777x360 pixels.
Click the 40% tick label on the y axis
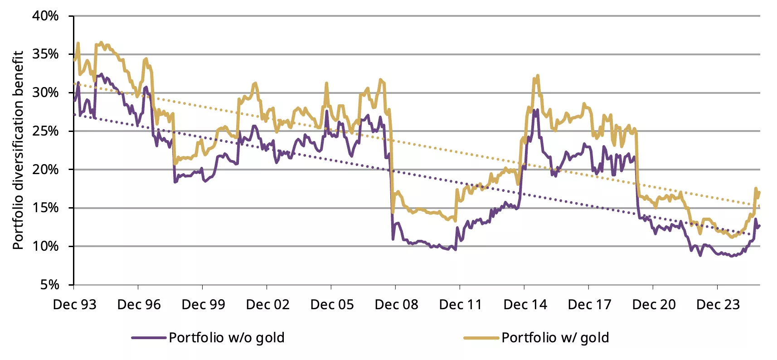pyautogui.click(x=45, y=16)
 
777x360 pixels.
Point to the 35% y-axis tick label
pyautogui.click(x=45, y=54)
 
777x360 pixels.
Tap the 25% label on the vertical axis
pyautogui.click(x=45, y=131)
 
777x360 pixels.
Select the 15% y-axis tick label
pyautogui.click(x=45, y=208)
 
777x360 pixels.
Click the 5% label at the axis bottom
pyautogui.click(x=49, y=285)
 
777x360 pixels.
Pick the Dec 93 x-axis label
pyautogui.click(x=75, y=304)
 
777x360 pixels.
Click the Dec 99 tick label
pyautogui.click(x=204, y=304)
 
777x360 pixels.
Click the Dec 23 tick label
pyautogui.click(x=718, y=304)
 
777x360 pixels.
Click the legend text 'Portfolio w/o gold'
pyautogui.click(x=227, y=338)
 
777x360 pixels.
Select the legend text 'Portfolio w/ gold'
pyautogui.click(x=555, y=338)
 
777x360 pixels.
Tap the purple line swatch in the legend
pyautogui.click(x=149, y=338)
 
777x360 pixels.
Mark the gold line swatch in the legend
pyautogui.click(x=481, y=338)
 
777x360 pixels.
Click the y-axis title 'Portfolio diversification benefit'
pyautogui.click(x=18, y=150)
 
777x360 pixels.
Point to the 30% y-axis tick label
pyautogui.click(x=45, y=92)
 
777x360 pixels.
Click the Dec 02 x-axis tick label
pyautogui.click(x=268, y=304)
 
